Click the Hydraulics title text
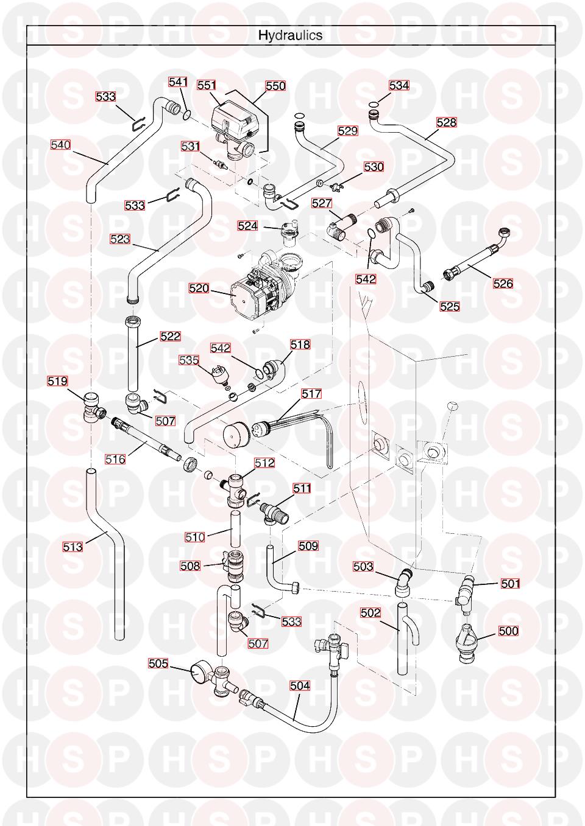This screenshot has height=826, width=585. click(x=290, y=35)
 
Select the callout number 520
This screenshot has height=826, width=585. click(x=199, y=288)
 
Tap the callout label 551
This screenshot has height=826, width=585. click(x=207, y=86)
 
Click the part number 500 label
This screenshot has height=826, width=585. click(x=508, y=631)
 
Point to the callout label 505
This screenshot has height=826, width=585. click(x=158, y=663)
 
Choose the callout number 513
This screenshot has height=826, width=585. click(x=73, y=547)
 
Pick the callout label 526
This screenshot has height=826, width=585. click(x=503, y=283)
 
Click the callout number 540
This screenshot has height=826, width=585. click(x=60, y=145)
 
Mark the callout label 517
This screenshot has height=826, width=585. click(x=311, y=394)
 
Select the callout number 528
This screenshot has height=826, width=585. click(x=446, y=122)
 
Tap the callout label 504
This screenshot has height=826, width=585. click(x=300, y=686)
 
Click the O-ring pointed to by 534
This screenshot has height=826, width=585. click(x=374, y=105)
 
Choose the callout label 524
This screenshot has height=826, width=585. click(x=247, y=226)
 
